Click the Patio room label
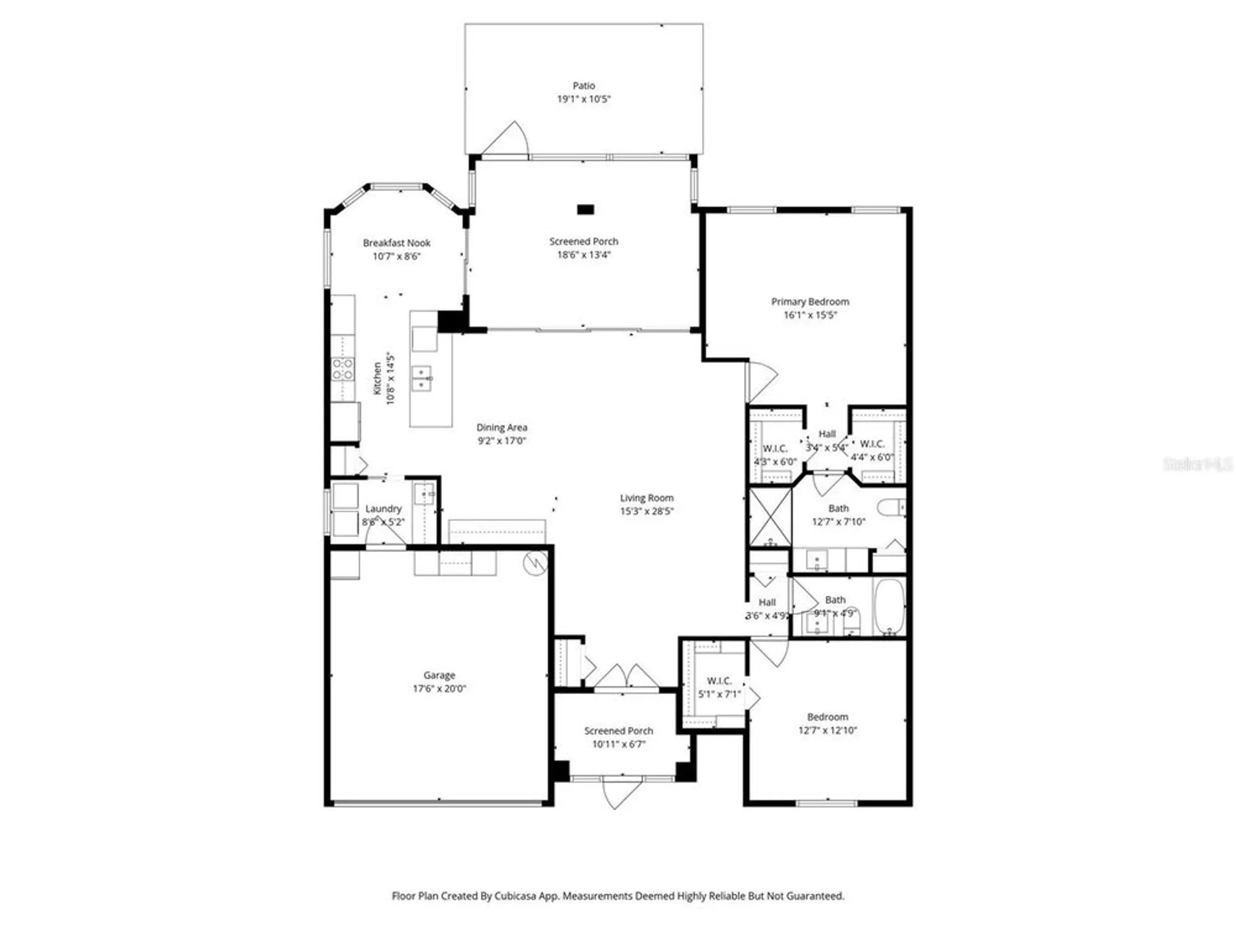583,86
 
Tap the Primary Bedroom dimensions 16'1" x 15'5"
810,315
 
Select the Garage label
439,675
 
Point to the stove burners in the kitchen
342,369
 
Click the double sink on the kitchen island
422,378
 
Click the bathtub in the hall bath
889,606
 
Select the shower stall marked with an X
769,517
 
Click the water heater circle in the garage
535,563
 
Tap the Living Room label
646,498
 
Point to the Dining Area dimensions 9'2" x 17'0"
501,441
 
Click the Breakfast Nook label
396,243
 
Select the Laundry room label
383,509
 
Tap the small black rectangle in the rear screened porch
585,210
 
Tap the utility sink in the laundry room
424,494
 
